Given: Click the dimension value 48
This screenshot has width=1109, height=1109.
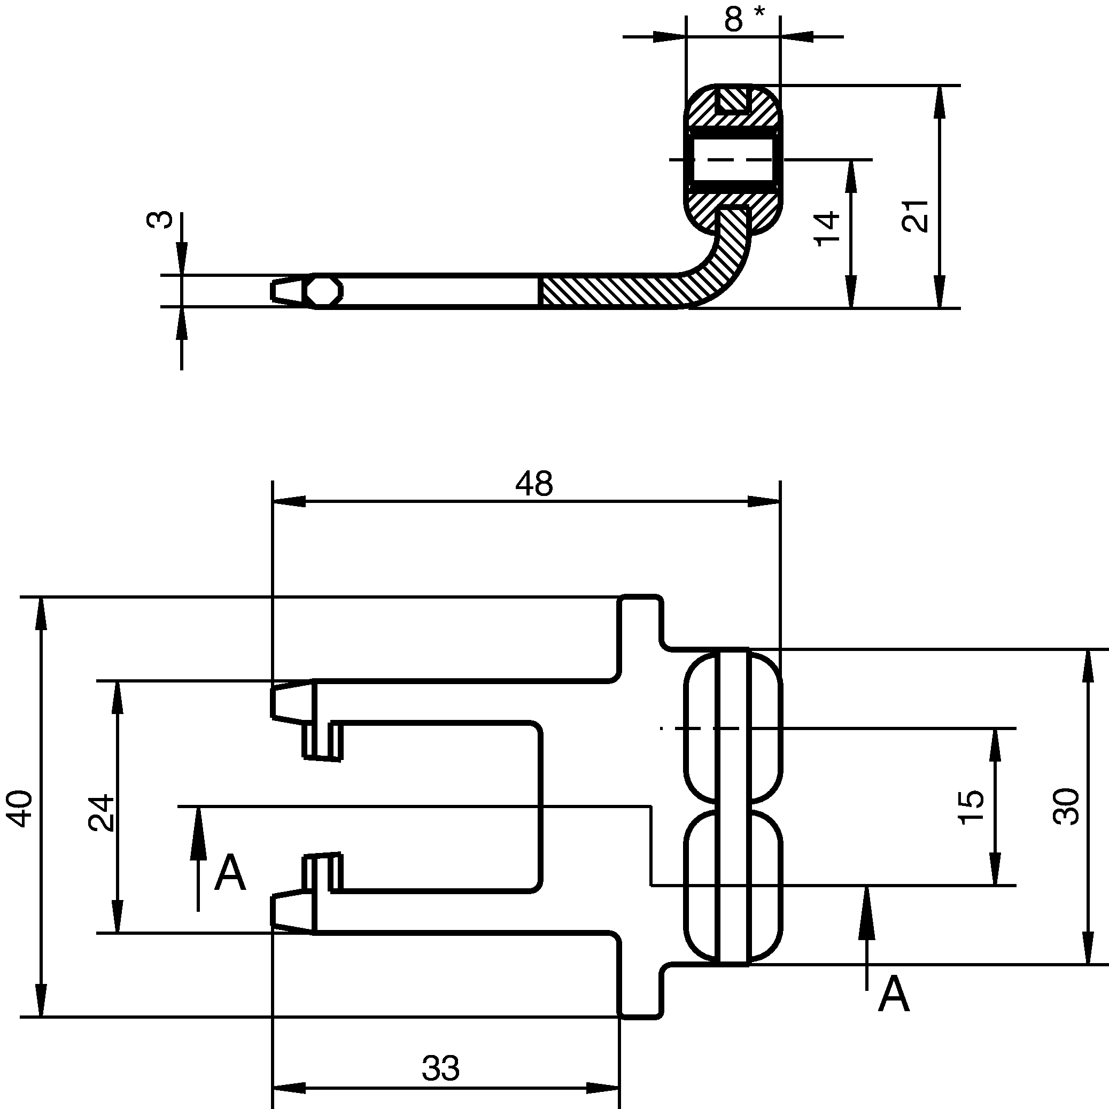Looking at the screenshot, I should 533,484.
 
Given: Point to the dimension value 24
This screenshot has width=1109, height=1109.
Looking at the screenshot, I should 102,813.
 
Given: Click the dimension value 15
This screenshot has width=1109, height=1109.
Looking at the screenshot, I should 971,807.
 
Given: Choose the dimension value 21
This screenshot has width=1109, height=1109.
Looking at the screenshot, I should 915,216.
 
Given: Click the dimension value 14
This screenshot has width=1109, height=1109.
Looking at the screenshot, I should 827,228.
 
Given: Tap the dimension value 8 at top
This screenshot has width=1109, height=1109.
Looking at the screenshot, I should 734,19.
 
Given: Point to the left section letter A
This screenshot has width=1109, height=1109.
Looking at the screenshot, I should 230,873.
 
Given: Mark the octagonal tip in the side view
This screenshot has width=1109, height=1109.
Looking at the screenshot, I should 324,292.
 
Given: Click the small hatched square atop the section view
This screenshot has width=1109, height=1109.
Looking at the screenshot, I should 734,99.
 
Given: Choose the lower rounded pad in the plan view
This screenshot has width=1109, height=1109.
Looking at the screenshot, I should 733,887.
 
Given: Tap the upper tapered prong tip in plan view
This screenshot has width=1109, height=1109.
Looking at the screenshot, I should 292,701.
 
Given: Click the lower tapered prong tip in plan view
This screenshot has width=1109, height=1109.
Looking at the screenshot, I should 292,911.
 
